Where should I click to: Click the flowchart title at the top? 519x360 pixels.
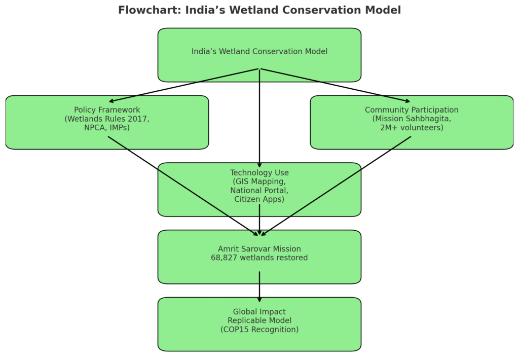[259, 10]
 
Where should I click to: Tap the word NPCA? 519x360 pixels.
[95, 128]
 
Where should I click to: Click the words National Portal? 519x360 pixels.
[259, 190]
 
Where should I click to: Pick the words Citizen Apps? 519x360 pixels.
[259, 199]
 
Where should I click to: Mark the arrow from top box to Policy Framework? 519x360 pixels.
[184, 85]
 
